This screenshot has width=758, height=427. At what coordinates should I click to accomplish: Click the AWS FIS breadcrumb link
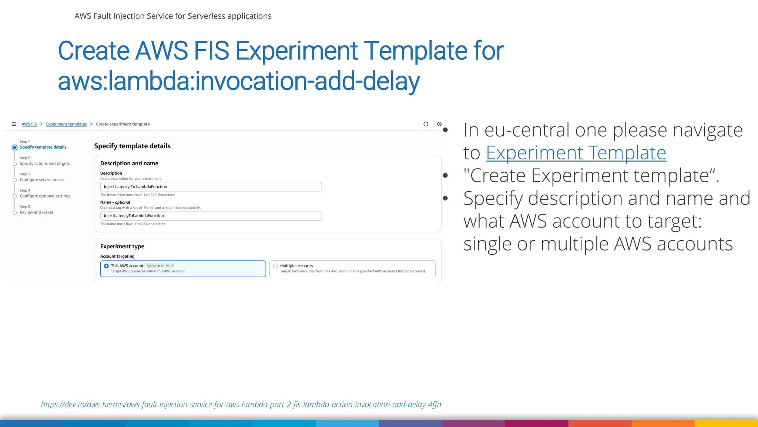29,124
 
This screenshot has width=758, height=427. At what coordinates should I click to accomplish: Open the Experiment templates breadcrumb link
66,124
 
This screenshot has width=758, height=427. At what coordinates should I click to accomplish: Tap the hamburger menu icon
14,124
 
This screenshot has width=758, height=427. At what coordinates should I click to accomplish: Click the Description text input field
211,187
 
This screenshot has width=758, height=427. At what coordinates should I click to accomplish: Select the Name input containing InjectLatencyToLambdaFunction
211,216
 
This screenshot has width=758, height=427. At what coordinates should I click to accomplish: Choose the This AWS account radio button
107,266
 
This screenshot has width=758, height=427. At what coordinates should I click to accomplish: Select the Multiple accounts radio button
276,266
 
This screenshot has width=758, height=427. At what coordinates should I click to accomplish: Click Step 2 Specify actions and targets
44,163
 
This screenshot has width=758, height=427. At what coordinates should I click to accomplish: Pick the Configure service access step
42,180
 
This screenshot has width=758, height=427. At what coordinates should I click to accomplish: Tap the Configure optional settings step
45,196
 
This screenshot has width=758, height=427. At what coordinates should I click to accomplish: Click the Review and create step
36,212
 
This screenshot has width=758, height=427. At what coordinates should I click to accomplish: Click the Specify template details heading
132,146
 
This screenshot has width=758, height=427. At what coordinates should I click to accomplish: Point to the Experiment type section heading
122,246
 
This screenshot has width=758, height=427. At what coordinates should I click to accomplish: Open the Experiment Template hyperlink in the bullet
576,153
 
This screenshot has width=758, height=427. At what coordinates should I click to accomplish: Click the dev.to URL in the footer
241,404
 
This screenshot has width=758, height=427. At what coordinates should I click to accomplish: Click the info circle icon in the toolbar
426,124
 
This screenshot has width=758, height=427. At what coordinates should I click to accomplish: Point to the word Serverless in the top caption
206,16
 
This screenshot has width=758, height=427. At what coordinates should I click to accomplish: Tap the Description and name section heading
129,163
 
